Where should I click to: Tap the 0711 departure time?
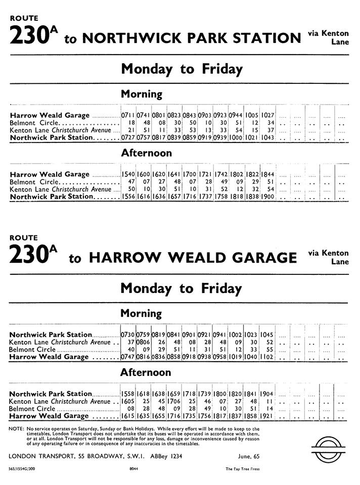(x=128, y=116)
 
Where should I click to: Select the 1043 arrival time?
(x=267, y=138)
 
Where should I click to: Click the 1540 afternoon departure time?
(x=128, y=174)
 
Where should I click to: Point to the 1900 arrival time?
(x=267, y=197)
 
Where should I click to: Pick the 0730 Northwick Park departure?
(x=128, y=334)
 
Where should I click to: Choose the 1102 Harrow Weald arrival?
(x=267, y=357)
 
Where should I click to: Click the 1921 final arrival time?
(x=267, y=416)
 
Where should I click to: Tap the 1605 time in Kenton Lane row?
(x=128, y=401)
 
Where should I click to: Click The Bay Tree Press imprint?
(x=242, y=469)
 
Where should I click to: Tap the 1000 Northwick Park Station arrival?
(x=236, y=138)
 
